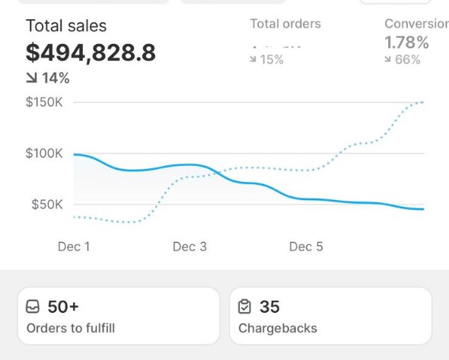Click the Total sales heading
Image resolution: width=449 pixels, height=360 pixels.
point(66,26)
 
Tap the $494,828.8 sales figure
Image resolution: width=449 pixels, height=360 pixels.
point(91,53)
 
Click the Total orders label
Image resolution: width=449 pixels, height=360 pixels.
point(285,24)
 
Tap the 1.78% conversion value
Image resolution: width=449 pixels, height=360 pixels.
point(407,43)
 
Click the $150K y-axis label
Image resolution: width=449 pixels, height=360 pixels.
point(44,102)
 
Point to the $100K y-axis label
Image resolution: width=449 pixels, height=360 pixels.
point(44,153)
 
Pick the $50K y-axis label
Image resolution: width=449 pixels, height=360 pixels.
point(46,204)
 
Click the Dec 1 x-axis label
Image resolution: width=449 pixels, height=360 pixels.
point(74,247)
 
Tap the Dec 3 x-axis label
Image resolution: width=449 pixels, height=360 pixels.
point(189,247)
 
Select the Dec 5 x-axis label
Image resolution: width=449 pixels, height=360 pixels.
point(306,247)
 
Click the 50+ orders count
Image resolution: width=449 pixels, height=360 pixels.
point(63,307)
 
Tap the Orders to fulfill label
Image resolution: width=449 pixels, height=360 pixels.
point(71,329)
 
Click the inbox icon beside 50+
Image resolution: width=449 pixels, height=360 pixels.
point(33,307)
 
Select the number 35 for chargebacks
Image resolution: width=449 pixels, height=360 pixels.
point(269,307)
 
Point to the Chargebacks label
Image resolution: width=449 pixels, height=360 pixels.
point(278,329)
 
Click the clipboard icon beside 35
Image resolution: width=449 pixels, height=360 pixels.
point(244,307)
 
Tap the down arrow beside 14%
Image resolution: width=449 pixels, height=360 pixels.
point(31,78)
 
